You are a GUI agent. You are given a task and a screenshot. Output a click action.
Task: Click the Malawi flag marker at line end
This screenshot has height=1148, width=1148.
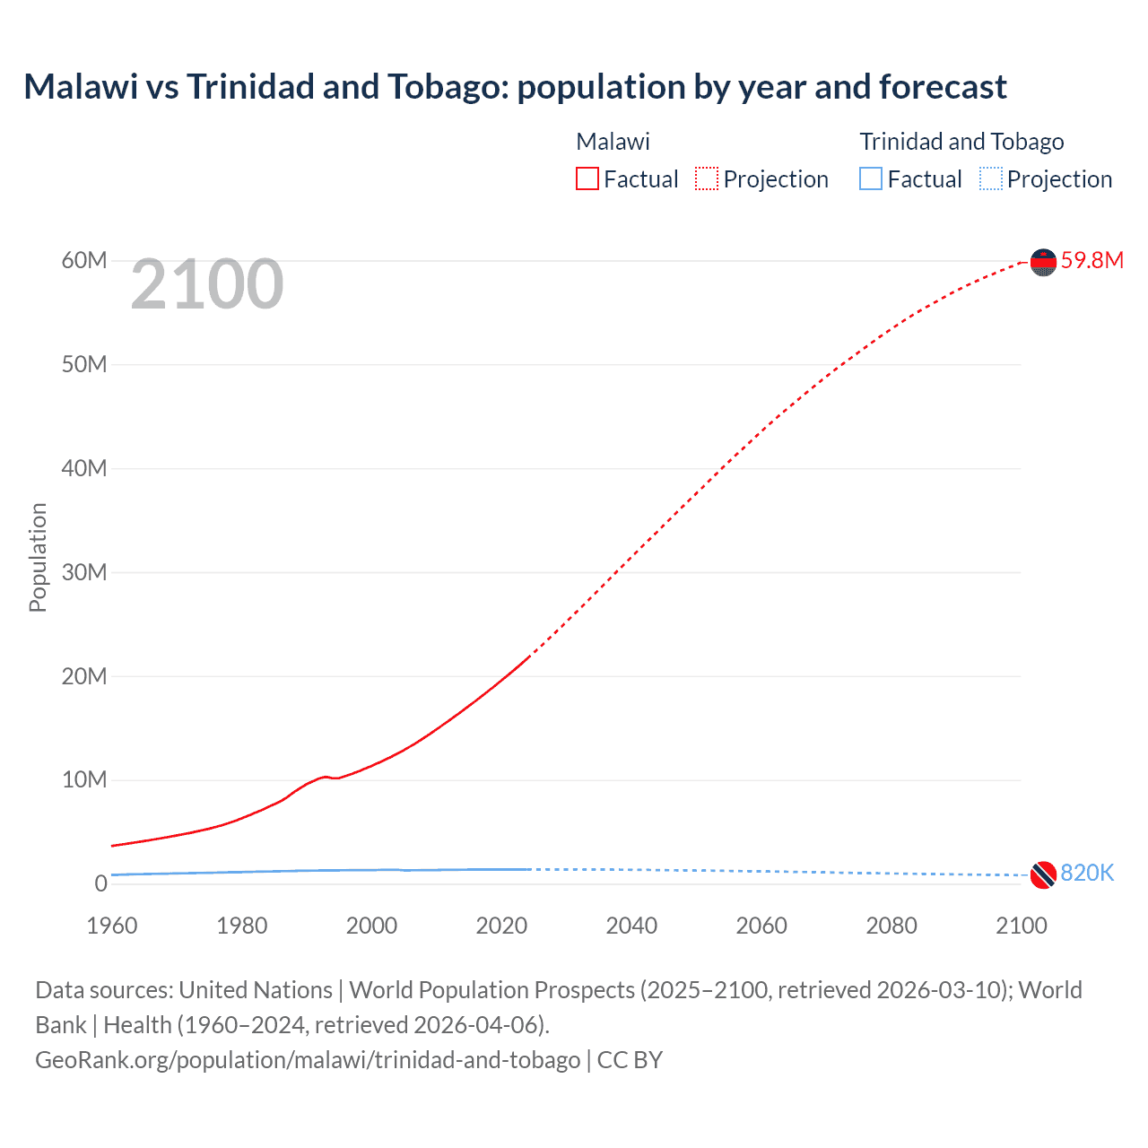[1043, 262]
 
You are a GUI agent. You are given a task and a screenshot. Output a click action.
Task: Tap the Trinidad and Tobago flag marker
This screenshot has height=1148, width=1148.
[1043, 874]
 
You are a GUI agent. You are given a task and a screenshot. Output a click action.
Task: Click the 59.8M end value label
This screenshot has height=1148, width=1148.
[1091, 261]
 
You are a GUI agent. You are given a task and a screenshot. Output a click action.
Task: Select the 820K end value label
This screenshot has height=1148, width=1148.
[1087, 874]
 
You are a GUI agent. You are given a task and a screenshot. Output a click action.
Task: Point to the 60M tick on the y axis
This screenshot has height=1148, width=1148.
[84, 261]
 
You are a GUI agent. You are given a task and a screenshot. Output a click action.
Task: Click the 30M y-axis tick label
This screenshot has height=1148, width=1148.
[84, 572]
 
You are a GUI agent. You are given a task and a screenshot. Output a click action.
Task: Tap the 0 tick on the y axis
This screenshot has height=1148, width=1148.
[100, 883]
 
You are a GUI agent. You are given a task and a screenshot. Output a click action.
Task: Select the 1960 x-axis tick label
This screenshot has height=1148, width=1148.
[112, 926]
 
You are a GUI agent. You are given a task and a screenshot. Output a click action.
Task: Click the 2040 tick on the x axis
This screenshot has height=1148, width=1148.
[631, 926]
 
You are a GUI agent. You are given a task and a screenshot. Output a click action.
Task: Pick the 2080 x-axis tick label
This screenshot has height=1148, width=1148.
[891, 926]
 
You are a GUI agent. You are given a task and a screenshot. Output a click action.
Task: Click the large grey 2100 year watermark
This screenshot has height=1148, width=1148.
[207, 284]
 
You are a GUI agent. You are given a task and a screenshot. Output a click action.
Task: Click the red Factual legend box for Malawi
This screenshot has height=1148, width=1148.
[587, 179]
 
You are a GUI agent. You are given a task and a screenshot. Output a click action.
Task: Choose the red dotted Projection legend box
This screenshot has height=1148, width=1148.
[707, 179]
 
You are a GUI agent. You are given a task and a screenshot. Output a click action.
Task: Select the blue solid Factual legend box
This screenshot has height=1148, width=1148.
[871, 179]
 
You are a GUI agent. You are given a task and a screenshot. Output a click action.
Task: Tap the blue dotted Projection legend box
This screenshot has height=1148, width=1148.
[991, 179]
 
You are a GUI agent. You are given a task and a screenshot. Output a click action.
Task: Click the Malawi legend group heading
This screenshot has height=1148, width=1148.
[613, 142]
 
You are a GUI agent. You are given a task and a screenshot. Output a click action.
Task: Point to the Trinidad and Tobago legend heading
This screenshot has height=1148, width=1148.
[961, 142]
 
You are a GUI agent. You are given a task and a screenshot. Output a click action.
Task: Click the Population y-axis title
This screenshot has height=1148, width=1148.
[38, 557]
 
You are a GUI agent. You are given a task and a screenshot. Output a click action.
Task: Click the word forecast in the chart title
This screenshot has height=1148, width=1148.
[943, 87]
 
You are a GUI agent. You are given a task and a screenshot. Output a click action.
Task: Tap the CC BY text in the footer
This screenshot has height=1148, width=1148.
[630, 1060]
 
